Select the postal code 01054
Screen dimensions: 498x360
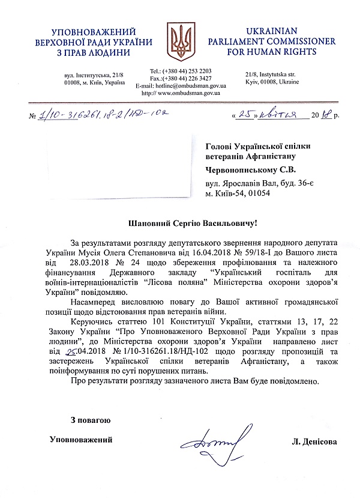tap(257, 193)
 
